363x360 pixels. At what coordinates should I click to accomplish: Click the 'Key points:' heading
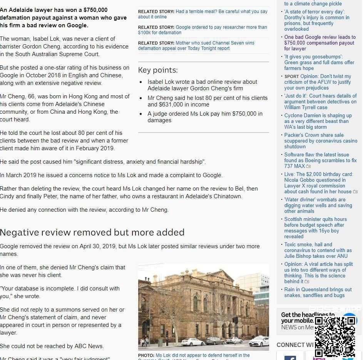pyautogui.click(x=158, y=70)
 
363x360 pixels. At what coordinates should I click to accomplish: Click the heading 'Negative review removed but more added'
pyautogui.click(x=92, y=232)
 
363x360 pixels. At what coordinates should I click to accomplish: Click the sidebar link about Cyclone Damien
pyautogui.click(x=318, y=121)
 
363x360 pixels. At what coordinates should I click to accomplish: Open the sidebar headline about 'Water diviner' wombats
pyautogui.click(x=318, y=205)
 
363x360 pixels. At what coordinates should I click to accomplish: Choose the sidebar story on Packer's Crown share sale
pyautogui.click(x=318, y=141)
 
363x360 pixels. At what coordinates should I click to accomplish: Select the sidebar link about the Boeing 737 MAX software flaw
pyautogui.click(x=320, y=160)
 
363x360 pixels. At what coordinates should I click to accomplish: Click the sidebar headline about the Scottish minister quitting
pyautogui.click(x=316, y=227)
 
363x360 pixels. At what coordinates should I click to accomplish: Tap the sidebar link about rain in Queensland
pyautogui.click(x=318, y=292)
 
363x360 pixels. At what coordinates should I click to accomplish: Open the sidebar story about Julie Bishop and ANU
pyautogui.click(x=318, y=250)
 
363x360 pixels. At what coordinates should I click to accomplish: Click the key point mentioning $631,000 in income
pyautogui.click(x=207, y=101)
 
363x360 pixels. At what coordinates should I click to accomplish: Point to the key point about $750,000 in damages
pyautogui.click(x=205, y=117)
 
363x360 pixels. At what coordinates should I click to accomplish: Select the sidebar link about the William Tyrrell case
pyautogui.click(x=320, y=101)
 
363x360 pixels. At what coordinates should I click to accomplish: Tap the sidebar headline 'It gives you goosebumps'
pyautogui.click(x=319, y=62)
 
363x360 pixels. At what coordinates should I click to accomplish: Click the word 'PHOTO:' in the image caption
pyautogui.click(x=146, y=355)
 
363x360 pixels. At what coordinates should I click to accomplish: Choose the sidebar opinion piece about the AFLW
pyautogui.click(x=318, y=82)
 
